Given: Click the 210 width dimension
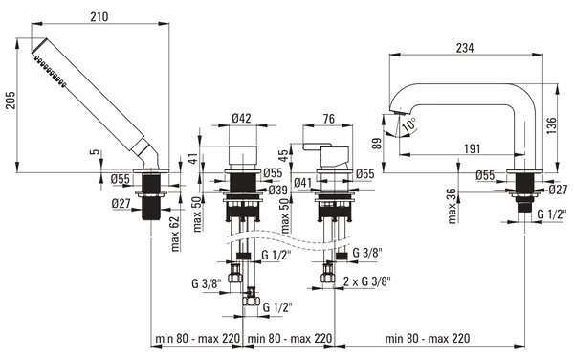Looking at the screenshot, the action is [99, 17].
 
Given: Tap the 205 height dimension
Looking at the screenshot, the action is [11, 100].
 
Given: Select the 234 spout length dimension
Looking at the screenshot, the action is [465, 48].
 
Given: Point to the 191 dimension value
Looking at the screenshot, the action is [472, 148].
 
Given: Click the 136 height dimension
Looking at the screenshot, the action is [552, 125].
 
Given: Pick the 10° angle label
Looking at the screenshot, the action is [408, 124].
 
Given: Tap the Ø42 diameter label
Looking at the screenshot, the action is [242, 118].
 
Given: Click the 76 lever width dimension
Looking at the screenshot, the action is [328, 119].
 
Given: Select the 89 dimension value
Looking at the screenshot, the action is [379, 143].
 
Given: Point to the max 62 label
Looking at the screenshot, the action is [176, 234].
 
